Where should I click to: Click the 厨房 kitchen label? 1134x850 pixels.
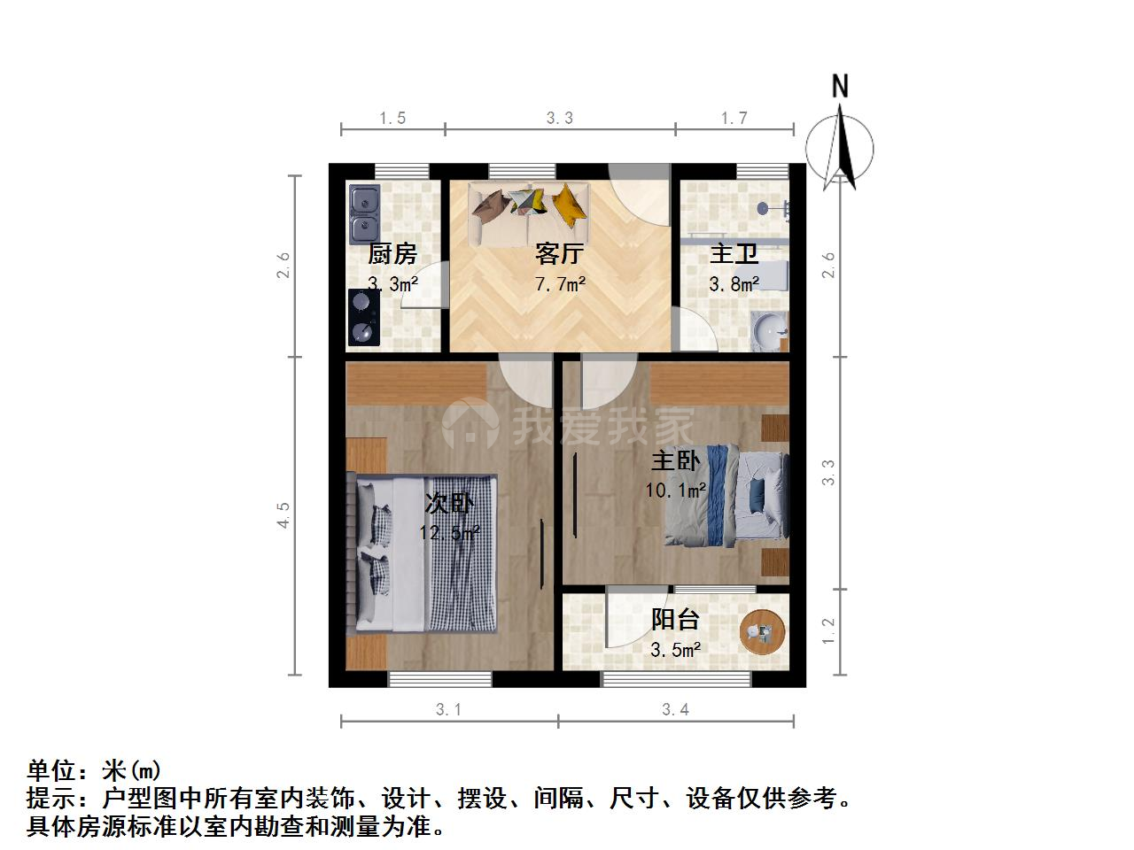click(x=392, y=254)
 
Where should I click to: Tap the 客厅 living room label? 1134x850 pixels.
click(x=560, y=254)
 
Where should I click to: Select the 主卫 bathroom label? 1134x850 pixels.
click(x=734, y=254)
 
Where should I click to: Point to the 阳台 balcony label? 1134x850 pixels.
click(x=675, y=619)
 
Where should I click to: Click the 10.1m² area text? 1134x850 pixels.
click(x=675, y=490)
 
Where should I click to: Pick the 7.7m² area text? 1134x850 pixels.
click(x=560, y=284)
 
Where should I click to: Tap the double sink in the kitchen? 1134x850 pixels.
click(x=365, y=214)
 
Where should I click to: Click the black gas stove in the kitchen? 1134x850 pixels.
click(x=364, y=317)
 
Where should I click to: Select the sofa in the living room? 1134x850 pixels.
click(x=529, y=214)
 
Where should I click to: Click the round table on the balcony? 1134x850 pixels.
click(x=762, y=632)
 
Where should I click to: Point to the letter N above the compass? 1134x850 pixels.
click(x=840, y=86)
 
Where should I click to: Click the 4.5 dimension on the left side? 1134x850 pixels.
click(x=283, y=515)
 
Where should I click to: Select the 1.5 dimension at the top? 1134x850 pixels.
click(x=392, y=118)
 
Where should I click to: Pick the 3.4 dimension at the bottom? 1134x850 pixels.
click(x=675, y=709)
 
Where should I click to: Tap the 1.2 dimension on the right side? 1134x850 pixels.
click(x=828, y=630)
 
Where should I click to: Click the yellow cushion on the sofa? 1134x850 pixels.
click(x=568, y=206)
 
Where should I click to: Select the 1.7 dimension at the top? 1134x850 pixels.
click(x=734, y=118)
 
